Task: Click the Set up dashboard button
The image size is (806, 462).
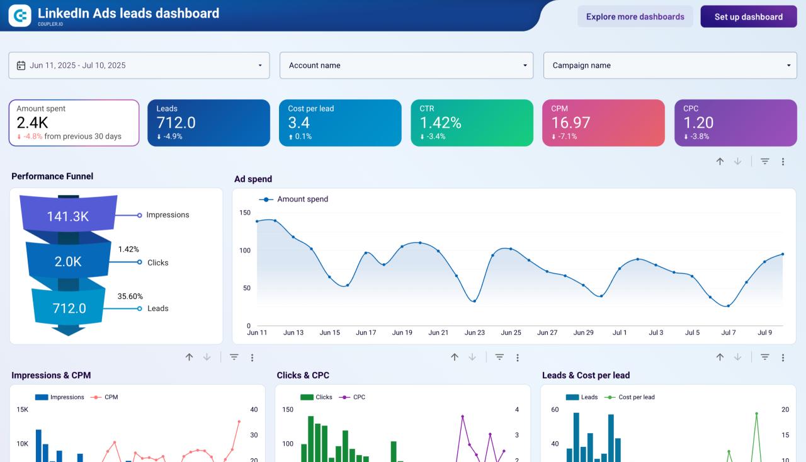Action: pyautogui.click(x=748, y=17)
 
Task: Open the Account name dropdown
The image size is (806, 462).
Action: pyautogui.click(x=406, y=65)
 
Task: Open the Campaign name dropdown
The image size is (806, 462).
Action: pyautogui.click(x=670, y=65)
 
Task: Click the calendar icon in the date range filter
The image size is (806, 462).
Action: pyautogui.click(x=21, y=65)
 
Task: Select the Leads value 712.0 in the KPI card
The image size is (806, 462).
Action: pyautogui.click(x=176, y=122)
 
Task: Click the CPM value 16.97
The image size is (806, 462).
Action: pyautogui.click(x=570, y=122)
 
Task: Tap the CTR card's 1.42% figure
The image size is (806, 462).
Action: pyautogui.click(x=440, y=122)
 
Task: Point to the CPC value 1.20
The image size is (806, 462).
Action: pyautogui.click(x=698, y=122)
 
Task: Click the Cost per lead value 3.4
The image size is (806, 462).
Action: pyautogui.click(x=298, y=122)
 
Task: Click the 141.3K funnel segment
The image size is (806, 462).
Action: pyautogui.click(x=68, y=217)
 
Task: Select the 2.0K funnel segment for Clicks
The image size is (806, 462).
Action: pyautogui.click(x=67, y=262)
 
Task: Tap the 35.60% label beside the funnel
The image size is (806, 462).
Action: pyautogui.click(x=130, y=296)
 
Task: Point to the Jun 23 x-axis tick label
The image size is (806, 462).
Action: pyautogui.click(x=475, y=332)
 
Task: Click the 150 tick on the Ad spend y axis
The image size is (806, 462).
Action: pyautogui.click(x=245, y=213)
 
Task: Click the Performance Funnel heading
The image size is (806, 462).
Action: pyautogui.click(x=52, y=176)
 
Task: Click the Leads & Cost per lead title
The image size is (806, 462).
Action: pyautogui.click(x=586, y=375)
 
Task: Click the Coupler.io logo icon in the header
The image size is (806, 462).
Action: pyautogui.click(x=20, y=16)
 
